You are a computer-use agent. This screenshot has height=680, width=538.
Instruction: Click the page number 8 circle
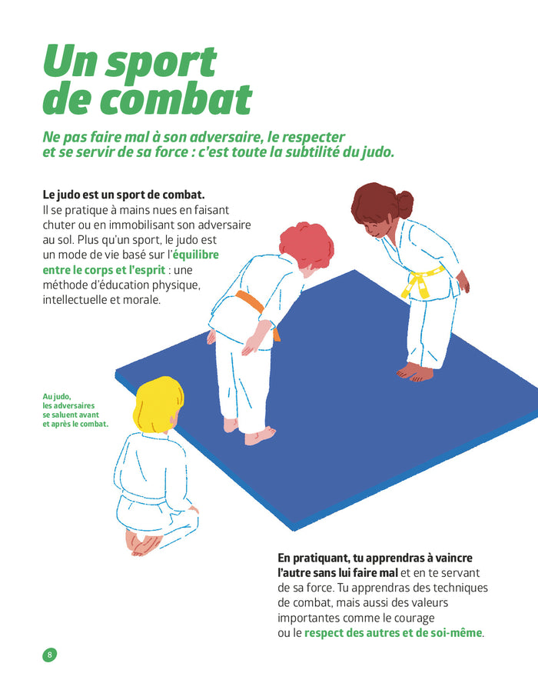click(49, 655)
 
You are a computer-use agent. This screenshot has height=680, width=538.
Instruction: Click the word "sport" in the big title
click(161, 63)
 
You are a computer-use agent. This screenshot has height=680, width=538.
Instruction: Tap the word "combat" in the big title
click(176, 99)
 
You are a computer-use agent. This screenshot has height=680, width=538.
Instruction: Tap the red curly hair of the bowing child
click(306, 246)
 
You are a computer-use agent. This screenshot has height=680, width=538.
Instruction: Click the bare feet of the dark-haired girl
click(415, 373)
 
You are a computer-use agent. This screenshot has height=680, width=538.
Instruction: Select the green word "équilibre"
click(196, 255)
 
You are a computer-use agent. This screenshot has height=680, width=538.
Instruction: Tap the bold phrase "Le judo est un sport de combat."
click(124, 195)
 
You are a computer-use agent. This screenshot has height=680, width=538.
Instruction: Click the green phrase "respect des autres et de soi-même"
click(393, 633)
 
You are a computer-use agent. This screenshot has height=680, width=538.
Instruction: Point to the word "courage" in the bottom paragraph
click(410, 618)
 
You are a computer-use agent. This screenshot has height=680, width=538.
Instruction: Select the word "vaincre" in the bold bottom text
click(453, 558)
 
